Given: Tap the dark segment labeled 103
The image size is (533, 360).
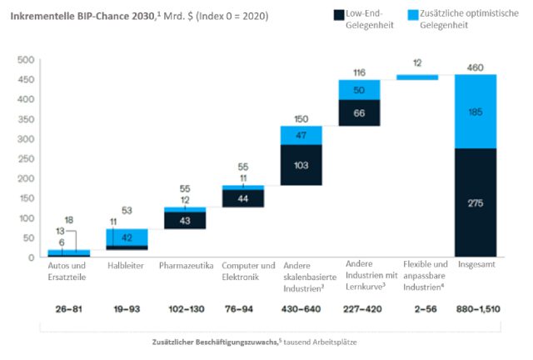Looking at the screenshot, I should (x=300, y=165).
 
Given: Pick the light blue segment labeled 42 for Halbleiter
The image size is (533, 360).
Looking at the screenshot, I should (x=127, y=237).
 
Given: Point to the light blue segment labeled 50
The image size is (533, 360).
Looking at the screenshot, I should (x=358, y=90).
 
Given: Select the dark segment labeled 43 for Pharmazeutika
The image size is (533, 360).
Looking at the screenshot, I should (x=185, y=219).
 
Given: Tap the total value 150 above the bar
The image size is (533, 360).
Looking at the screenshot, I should (x=300, y=118).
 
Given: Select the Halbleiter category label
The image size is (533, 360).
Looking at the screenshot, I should (x=127, y=265).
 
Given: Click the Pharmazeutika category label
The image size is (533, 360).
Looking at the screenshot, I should (x=185, y=265).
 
